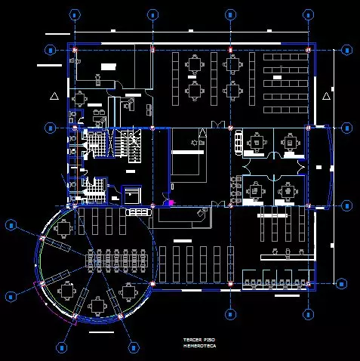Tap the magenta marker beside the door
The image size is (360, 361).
[x=171, y=202]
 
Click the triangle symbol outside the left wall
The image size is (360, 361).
[x=53, y=96]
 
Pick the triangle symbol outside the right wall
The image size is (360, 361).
[x=326, y=96]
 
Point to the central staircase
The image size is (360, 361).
[x=130, y=144]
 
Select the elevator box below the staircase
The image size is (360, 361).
[x=131, y=193]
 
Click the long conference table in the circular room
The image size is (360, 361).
[x=118, y=260]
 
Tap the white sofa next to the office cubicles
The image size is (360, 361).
[x=238, y=141]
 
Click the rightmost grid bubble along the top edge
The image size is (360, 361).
[x=307, y=14]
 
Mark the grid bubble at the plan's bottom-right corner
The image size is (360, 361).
[x=307, y=313]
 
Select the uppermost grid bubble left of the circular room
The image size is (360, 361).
[x=11, y=224]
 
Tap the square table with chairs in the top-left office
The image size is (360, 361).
[x=80, y=99]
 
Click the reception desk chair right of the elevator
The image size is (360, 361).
[x=201, y=213]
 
